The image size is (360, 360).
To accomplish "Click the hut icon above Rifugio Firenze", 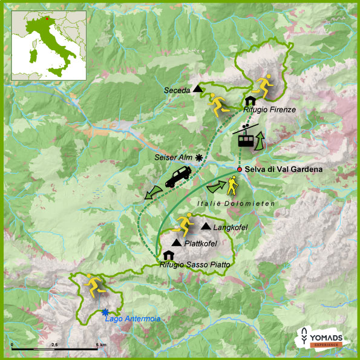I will (249, 100).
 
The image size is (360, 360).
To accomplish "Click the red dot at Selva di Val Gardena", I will (240, 169).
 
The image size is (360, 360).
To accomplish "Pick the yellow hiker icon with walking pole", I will (232, 185).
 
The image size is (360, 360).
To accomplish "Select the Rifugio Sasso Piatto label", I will (191, 264).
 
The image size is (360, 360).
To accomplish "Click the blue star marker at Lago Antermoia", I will (105, 312).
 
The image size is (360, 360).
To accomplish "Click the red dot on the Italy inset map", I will (42, 19).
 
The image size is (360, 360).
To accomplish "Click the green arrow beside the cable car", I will (261, 143).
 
